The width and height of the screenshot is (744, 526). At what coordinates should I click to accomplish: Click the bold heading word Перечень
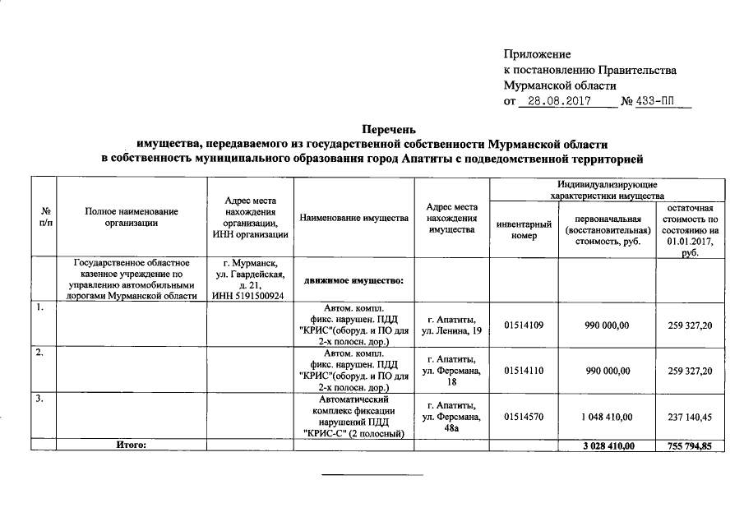(x=390, y=129)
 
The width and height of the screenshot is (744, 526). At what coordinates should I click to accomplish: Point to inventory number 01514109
(x=524, y=325)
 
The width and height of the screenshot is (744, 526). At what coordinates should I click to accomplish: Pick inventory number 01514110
(x=524, y=371)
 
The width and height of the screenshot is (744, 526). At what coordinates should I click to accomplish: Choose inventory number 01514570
(x=524, y=417)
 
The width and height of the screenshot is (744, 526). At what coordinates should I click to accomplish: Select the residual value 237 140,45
(x=691, y=417)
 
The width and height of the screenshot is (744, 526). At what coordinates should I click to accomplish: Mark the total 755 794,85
(x=691, y=445)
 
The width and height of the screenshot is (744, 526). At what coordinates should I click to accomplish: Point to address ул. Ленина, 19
(x=451, y=331)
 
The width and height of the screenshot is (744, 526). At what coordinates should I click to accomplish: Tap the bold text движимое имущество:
(x=353, y=281)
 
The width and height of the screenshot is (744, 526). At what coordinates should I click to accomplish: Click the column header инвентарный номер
(x=524, y=229)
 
